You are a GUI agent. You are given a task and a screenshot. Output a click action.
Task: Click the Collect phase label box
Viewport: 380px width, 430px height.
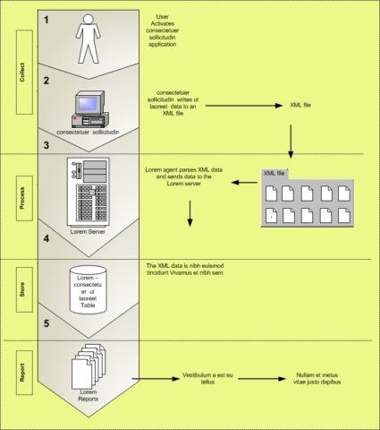(x=24, y=72)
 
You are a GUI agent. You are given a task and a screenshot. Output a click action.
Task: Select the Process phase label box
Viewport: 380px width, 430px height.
(x=24, y=198)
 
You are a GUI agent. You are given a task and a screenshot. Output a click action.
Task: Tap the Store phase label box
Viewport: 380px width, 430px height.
(x=24, y=289)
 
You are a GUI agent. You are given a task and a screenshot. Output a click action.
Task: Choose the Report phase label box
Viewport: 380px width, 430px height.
(x=24, y=373)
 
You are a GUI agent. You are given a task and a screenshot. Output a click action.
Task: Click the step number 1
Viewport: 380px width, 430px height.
(x=46, y=20)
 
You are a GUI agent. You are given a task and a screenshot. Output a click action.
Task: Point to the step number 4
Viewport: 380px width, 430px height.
(x=46, y=238)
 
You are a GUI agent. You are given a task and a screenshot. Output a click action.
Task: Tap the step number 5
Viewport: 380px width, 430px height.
(x=46, y=323)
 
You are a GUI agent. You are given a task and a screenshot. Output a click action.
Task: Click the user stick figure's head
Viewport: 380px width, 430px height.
(x=88, y=20)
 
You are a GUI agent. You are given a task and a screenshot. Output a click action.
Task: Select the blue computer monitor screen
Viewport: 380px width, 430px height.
(x=88, y=103)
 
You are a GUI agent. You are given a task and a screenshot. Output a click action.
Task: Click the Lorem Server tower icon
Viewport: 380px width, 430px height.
(x=89, y=192)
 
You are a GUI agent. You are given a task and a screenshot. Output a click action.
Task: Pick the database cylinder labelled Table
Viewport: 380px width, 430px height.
(x=89, y=289)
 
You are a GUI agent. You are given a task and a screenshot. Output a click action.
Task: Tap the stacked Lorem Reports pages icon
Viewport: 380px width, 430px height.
(x=89, y=366)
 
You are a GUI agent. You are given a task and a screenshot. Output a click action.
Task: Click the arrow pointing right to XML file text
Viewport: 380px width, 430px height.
(x=244, y=106)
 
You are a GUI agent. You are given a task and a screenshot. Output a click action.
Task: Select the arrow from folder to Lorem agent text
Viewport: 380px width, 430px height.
(x=244, y=183)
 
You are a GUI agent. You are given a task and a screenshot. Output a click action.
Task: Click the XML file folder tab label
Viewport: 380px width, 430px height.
(x=274, y=173)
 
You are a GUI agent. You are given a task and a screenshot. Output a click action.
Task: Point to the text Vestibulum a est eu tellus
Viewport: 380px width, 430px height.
(x=207, y=378)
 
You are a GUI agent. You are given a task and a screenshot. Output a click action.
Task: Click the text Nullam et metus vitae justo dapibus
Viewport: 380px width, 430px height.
(x=317, y=378)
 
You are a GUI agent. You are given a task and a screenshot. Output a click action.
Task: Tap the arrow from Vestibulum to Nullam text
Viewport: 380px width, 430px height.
(x=262, y=379)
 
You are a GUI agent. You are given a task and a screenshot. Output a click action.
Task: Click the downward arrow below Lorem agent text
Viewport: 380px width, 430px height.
(x=190, y=213)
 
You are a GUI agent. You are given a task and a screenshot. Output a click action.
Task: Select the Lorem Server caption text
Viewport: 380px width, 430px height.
(x=88, y=231)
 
